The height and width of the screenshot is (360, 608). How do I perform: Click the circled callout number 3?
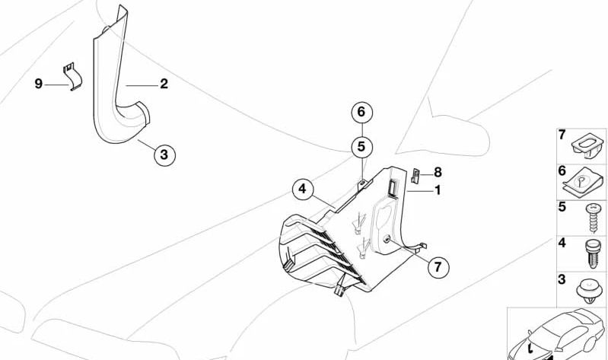164,155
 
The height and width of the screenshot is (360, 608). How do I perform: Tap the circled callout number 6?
362,113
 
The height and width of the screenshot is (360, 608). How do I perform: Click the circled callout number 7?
438,267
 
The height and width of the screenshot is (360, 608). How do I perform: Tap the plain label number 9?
38,84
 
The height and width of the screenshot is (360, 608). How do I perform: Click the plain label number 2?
164,84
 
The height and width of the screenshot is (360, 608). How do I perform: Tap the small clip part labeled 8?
416,176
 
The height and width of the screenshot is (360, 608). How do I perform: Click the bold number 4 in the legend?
562,244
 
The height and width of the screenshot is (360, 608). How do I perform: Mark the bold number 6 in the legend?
562,172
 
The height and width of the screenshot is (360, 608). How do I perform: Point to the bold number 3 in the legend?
562,280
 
